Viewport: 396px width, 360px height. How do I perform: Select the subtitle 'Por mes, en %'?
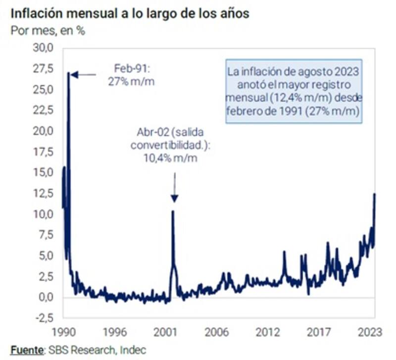48,30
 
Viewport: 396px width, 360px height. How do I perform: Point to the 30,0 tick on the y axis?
43,49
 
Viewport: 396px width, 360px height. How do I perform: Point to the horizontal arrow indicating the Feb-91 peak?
84,75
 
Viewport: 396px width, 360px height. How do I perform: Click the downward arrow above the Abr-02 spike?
174,188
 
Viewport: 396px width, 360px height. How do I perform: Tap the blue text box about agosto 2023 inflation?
293,91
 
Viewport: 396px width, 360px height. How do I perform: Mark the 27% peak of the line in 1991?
68,74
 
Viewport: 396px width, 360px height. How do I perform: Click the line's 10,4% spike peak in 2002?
173,211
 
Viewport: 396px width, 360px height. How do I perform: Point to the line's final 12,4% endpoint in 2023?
375,194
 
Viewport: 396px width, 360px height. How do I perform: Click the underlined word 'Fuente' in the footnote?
27,350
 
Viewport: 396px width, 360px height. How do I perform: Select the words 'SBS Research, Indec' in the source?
97,350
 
